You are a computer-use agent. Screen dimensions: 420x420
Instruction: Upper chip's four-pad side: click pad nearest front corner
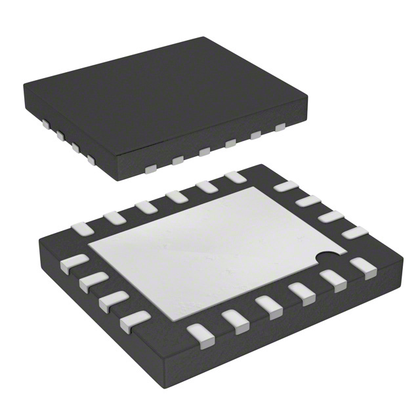pyautogui.click(x=90, y=159)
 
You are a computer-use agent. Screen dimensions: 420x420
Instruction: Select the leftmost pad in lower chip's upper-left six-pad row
pyautogui.click(x=83, y=229)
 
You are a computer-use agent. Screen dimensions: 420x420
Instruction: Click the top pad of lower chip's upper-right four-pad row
pyautogui.click(x=285, y=186)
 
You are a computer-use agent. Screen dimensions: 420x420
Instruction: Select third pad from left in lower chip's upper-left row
pyautogui.click(x=146, y=207)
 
